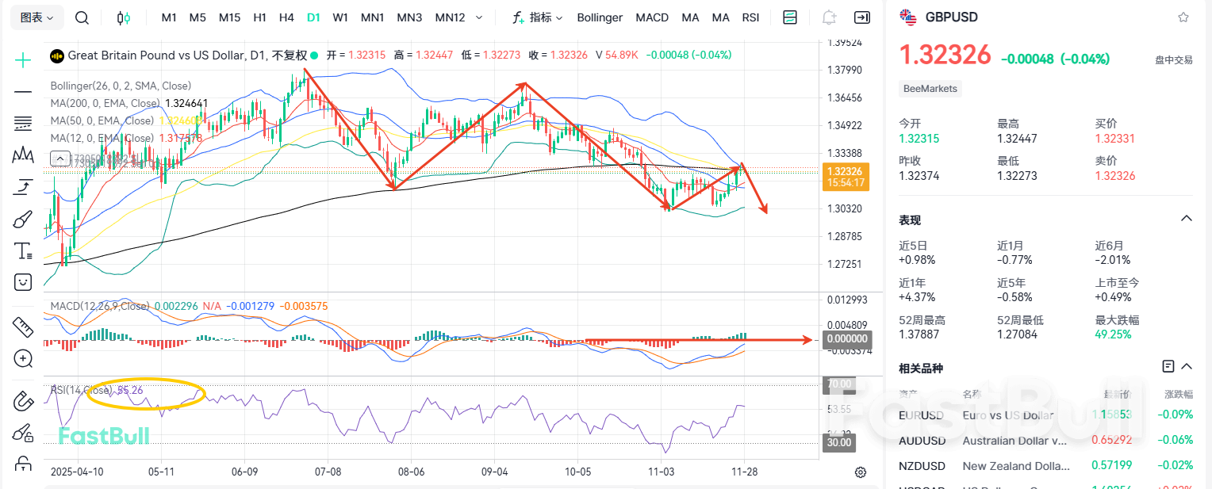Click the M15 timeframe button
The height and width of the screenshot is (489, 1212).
click(229, 17)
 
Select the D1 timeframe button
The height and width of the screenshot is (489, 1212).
click(313, 17)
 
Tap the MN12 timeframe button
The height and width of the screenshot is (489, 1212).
click(450, 17)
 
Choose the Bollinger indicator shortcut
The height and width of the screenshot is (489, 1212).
click(600, 17)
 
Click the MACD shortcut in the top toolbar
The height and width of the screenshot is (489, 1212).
click(652, 17)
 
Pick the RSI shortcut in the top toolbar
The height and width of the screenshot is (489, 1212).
click(750, 17)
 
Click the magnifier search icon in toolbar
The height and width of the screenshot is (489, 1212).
click(82, 17)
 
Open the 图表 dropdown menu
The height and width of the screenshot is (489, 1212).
click(36, 17)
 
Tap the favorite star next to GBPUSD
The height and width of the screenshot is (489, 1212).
click(1183, 17)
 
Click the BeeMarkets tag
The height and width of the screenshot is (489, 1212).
click(930, 89)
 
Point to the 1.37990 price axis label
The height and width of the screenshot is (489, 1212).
click(844, 71)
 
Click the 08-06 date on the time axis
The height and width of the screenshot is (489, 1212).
click(411, 471)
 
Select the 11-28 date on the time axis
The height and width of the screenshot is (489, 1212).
click(744, 471)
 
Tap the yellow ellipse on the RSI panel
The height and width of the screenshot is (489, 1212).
click(145, 393)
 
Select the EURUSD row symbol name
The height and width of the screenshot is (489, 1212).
click(921, 415)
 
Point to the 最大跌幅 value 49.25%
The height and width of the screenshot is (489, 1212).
click(1112, 334)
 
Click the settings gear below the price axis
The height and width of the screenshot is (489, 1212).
click(861, 472)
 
